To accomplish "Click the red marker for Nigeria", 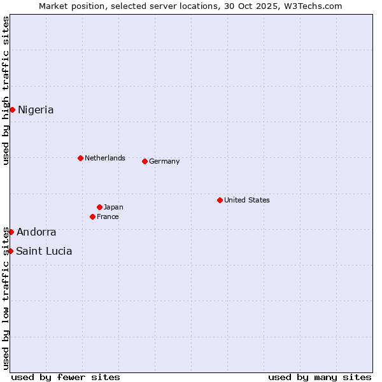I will [12, 110].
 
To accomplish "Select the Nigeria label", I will [36, 110].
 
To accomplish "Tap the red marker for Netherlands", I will [80, 158].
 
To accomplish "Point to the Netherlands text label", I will [105, 158].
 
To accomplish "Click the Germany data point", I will [145, 161].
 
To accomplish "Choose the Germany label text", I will [164, 161].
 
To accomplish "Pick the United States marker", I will [220, 200].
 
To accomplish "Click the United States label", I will [247, 200].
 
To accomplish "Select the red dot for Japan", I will [99, 207].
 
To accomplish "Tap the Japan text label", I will [113, 207].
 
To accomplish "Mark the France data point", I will [92, 216].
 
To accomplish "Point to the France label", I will [108, 216].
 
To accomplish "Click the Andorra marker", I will [11, 232].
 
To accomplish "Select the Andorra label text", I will [36, 232].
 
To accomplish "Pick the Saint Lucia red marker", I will [10, 251].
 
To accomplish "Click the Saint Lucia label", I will [44, 251].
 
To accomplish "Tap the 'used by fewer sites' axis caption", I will [66, 377].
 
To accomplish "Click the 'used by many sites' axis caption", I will [320, 377].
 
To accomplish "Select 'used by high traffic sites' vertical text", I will [6, 90].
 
